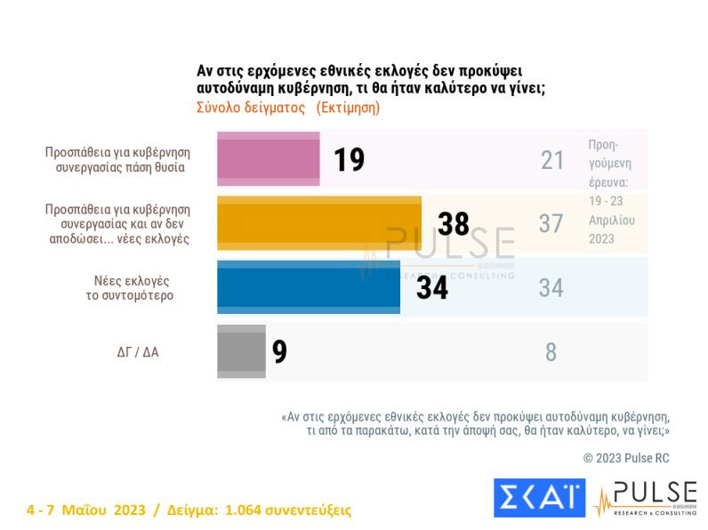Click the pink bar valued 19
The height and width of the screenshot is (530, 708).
pos(269,158)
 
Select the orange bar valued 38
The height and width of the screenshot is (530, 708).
pos(319,222)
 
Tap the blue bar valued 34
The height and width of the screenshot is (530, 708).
pos(309,286)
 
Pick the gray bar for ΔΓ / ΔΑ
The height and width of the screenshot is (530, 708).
pos(241,351)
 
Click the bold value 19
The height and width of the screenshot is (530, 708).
pos(349,160)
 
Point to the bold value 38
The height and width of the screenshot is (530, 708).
pos(453,223)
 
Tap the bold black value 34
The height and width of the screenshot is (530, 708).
pos(432,287)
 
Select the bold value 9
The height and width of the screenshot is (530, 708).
pos(279,352)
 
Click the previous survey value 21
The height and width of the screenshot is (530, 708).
pos(552,160)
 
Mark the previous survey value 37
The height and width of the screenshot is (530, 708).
pos(551,223)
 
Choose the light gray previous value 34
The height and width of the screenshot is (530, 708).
pos(551,287)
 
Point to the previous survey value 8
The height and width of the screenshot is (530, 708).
pos(551,352)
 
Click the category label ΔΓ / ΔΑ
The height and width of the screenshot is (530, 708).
pos(132,352)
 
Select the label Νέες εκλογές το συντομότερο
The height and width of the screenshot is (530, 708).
pos(133,287)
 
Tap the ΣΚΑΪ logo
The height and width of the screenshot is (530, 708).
pos(539,498)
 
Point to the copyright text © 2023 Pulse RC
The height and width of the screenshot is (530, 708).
pos(626,457)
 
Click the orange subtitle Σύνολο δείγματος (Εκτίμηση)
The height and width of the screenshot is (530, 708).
pos(287,108)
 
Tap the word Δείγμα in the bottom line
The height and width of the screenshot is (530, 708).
pos(194,510)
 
